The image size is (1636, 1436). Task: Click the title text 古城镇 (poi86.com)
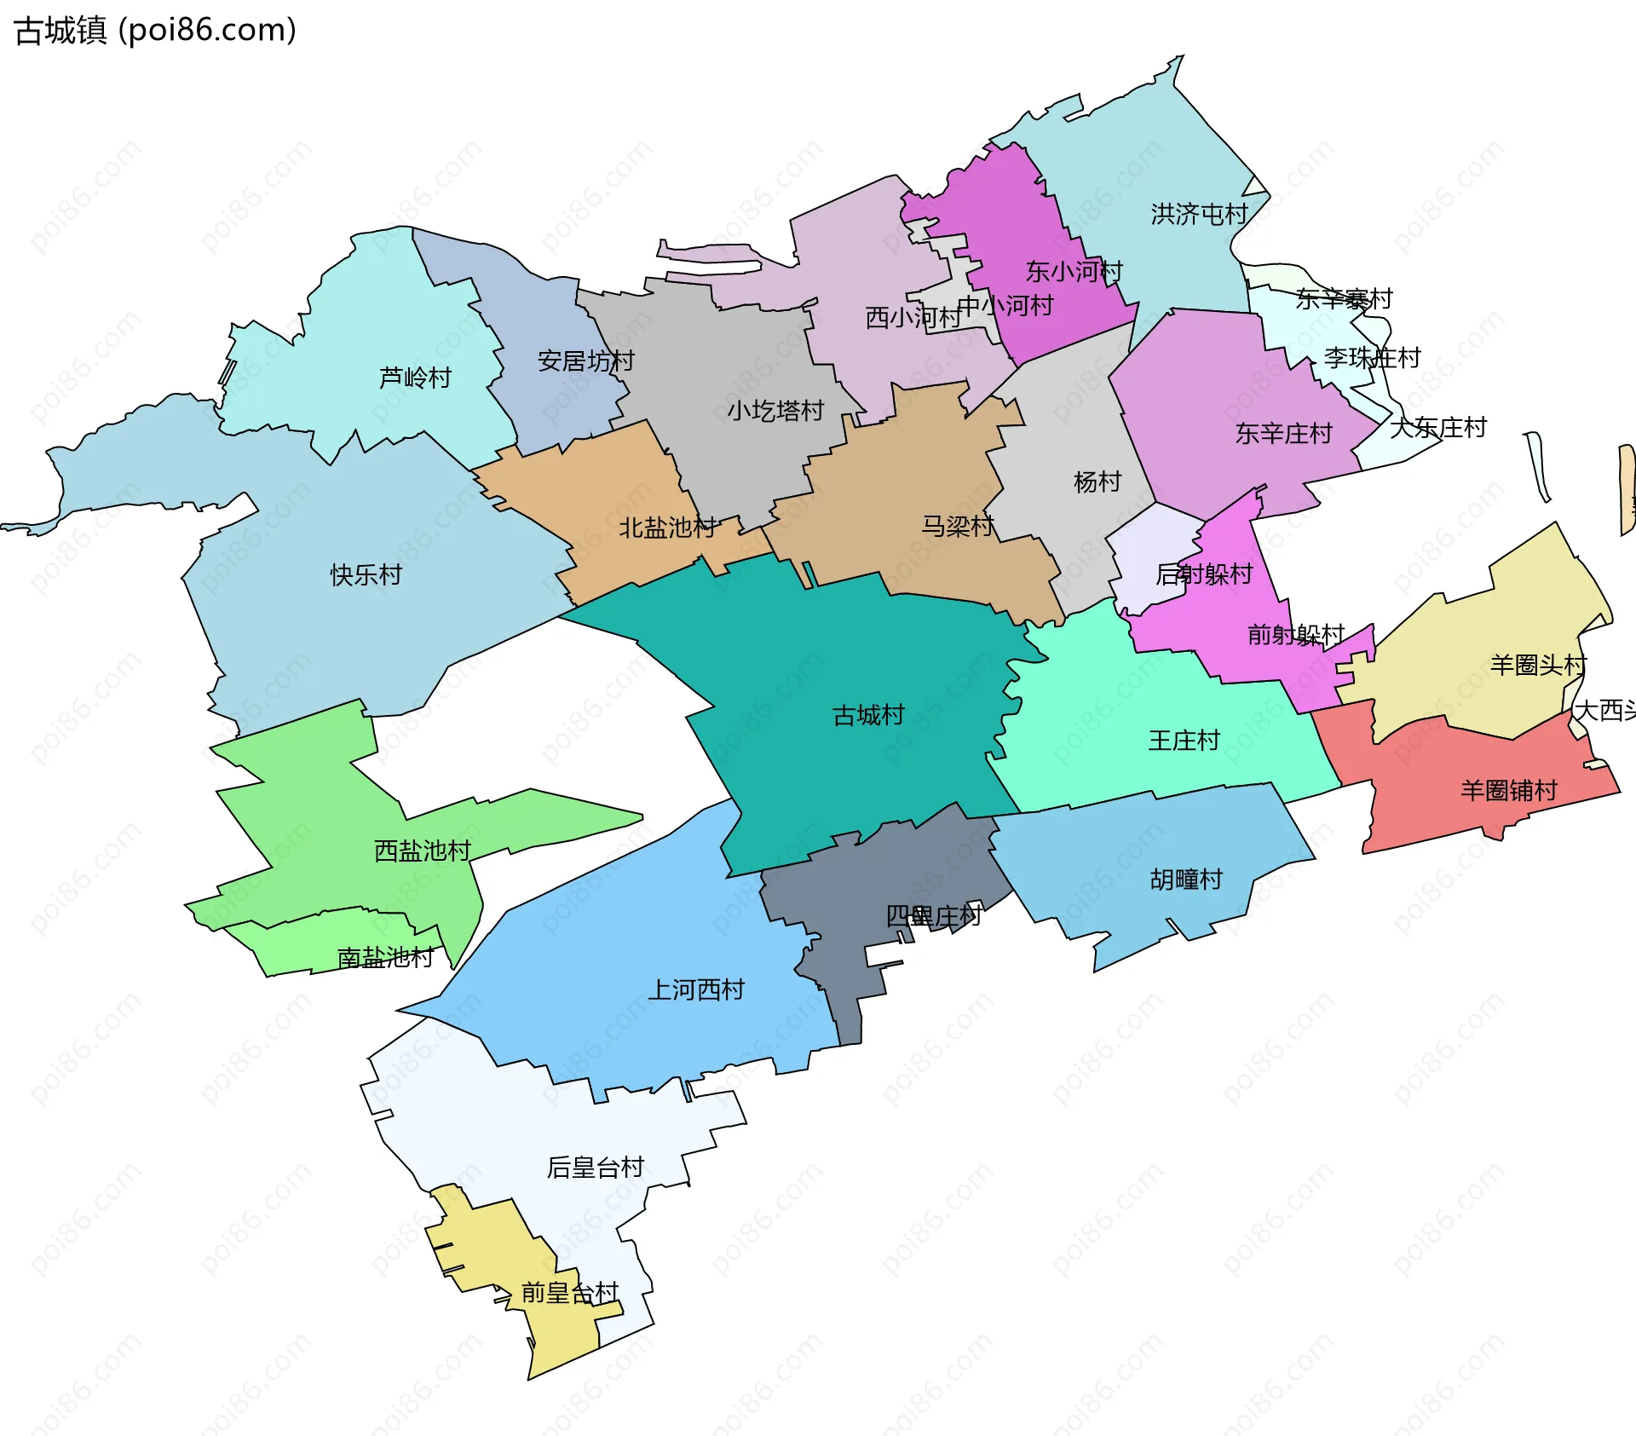pyautogui.click(x=155, y=30)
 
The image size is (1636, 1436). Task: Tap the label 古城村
pyautogui.click(x=867, y=715)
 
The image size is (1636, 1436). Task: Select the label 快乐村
pyautogui.click(x=366, y=574)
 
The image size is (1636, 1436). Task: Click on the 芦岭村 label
pyautogui.click(x=415, y=377)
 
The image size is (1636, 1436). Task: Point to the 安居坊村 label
pyautogui.click(x=585, y=360)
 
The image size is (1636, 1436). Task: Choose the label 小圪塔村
pyautogui.click(x=775, y=411)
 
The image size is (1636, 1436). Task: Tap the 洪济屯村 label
pyautogui.click(x=1198, y=214)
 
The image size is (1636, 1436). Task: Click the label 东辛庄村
pyautogui.click(x=1283, y=433)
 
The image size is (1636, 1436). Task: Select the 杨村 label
pyautogui.click(x=1097, y=482)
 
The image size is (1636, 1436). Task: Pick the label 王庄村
pyautogui.click(x=1184, y=740)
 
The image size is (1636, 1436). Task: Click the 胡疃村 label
pyautogui.click(x=1186, y=879)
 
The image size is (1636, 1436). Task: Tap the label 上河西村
pyautogui.click(x=696, y=989)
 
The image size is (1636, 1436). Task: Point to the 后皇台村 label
pyautogui.click(x=595, y=1167)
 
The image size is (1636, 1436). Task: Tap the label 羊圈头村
pyautogui.click(x=1537, y=665)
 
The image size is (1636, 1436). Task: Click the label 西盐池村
pyautogui.click(x=422, y=851)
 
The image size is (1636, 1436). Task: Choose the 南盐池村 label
pyautogui.click(x=385, y=958)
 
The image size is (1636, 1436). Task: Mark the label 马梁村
pyautogui.click(x=957, y=526)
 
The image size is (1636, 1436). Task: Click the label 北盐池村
pyautogui.click(x=667, y=528)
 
